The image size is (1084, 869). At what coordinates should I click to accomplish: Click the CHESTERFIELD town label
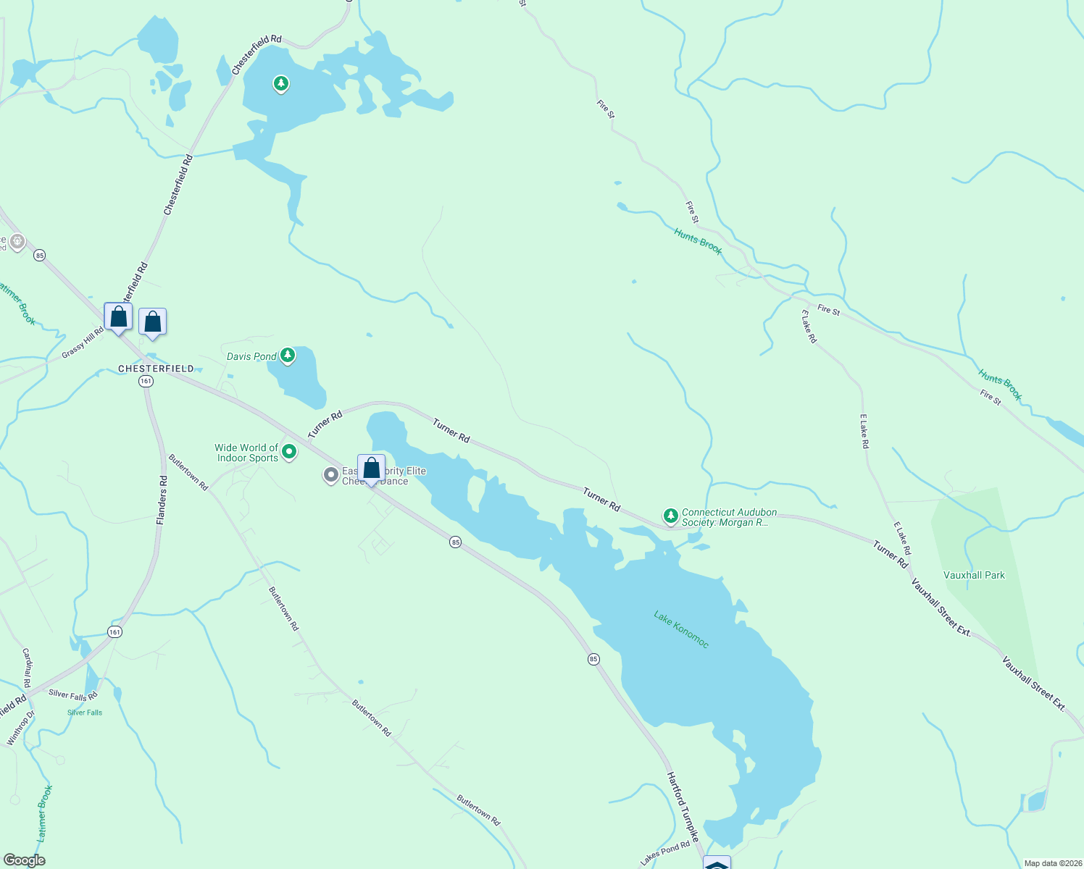(x=156, y=369)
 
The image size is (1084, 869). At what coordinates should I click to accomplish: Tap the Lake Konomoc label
(x=681, y=629)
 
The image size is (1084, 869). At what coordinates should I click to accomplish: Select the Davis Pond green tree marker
(x=288, y=355)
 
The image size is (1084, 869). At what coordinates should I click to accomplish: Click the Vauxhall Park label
(x=974, y=575)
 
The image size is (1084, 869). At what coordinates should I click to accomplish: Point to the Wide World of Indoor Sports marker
(x=289, y=453)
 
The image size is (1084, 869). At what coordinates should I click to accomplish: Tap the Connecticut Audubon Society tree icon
(x=670, y=516)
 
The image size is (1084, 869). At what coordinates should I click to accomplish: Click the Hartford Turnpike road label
(x=683, y=806)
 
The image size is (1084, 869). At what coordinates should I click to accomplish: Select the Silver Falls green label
(x=85, y=713)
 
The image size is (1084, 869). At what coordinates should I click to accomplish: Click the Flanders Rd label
(x=162, y=500)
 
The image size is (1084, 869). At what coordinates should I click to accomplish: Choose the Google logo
(x=24, y=860)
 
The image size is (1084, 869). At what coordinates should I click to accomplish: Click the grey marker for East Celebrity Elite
(x=331, y=475)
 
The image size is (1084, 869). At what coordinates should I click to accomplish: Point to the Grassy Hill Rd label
(x=83, y=343)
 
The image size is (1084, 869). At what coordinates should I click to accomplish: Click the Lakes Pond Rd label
(x=664, y=854)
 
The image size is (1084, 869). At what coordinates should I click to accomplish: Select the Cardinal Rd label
(x=27, y=668)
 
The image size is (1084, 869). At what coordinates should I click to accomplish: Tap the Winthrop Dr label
(x=20, y=729)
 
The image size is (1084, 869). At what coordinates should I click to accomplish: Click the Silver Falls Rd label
(x=72, y=695)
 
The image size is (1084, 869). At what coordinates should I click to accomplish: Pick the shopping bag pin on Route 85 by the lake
(x=371, y=469)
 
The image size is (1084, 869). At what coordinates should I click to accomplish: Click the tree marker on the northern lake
(x=281, y=84)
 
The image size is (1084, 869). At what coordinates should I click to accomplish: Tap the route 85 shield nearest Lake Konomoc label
(x=593, y=659)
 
